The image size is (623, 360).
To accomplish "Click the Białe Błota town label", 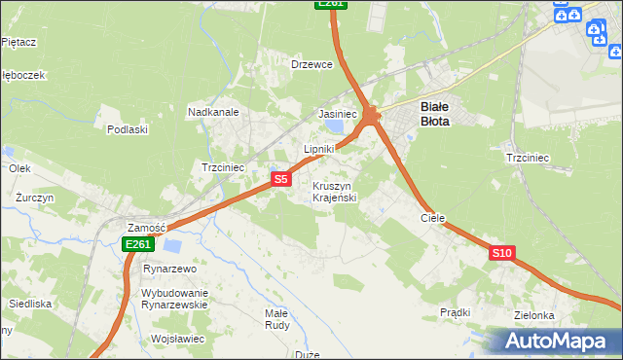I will pos(434,114).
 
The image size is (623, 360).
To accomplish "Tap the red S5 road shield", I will pos(280,179).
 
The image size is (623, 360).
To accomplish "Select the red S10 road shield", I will pos(501,253).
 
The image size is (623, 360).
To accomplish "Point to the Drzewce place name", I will pos(312,64).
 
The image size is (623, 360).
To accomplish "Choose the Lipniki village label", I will pos(319,149).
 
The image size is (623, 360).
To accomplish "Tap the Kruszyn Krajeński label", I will pos(336,191).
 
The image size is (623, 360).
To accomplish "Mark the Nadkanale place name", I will pos(213,113).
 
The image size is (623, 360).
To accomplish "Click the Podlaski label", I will pos(128,129).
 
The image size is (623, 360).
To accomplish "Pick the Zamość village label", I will pos(147,227).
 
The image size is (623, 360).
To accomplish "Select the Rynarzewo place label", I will pos(170,268).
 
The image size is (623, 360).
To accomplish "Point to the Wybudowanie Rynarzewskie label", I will pos(175,298).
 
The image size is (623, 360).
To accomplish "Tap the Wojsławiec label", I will pos(177,339).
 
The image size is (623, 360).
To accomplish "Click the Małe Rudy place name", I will pos(277,319).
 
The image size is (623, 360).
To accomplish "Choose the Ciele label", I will pos(432,218).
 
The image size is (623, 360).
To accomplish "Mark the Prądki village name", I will pos(455,312).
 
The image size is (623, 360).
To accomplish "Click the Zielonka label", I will pos(536,315).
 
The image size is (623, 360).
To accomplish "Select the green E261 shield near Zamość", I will pos(137,245).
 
